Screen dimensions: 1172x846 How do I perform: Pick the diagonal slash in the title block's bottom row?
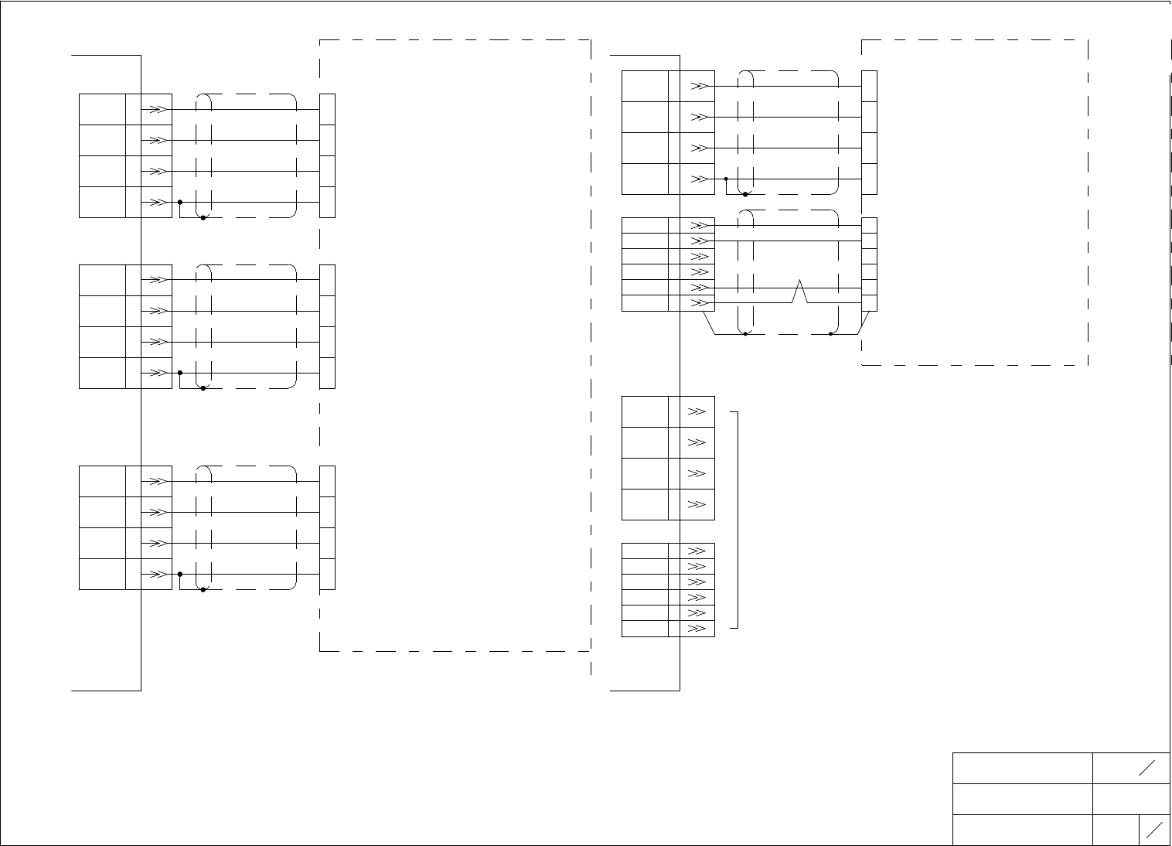[x=1155, y=830]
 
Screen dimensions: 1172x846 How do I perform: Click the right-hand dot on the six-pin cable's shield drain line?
[x=830, y=334]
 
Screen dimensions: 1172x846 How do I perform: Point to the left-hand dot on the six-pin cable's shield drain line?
[x=744, y=334]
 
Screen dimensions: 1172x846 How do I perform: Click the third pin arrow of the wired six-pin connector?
[x=699, y=257]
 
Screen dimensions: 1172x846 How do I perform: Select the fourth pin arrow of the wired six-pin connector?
[x=699, y=272]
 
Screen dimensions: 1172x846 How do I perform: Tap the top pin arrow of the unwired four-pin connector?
[x=697, y=412]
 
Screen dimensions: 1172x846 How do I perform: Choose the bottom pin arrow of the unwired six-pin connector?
[x=697, y=629]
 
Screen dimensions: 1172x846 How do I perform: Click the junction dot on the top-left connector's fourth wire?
[x=179, y=203]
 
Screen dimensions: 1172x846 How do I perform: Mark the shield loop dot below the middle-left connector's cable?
[x=203, y=388]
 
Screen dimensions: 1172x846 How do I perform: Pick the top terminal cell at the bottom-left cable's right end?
[x=328, y=481]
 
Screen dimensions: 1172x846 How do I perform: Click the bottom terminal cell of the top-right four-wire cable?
[x=870, y=179]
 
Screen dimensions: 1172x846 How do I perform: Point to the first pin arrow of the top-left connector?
[x=157, y=110]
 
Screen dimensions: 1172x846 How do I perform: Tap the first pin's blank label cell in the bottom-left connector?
[x=102, y=481]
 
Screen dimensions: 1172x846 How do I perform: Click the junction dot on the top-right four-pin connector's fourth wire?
[x=726, y=179]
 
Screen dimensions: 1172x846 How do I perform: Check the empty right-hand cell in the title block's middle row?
[x=1131, y=799]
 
